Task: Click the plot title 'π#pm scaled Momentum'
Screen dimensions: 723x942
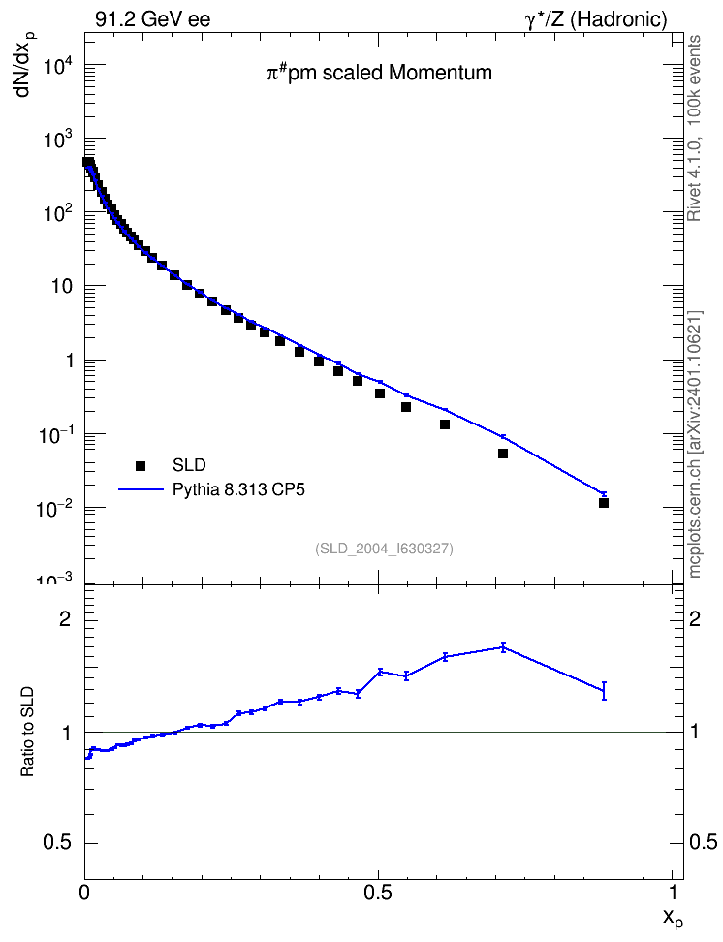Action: [x=379, y=73]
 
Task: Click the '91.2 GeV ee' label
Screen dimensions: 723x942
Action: [x=153, y=19]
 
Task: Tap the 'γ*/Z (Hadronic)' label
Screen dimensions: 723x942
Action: [x=596, y=19]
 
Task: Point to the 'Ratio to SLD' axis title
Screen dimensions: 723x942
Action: [x=27, y=731]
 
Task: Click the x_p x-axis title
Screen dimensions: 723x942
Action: [x=673, y=918]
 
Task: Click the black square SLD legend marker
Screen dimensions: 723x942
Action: [x=141, y=465]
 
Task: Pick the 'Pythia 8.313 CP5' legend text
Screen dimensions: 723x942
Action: [x=238, y=489]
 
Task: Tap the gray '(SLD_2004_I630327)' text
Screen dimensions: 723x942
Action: [x=384, y=549]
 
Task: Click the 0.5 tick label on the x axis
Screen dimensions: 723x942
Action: [x=378, y=893]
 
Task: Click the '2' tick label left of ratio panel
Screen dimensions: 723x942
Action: [x=65, y=619]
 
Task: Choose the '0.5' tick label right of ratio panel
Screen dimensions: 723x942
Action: [x=704, y=842]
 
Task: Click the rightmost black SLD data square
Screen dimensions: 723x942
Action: [x=604, y=503]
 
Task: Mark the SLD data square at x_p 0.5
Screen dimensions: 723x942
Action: [x=379, y=393]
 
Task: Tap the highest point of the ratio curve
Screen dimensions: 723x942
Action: [x=503, y=647]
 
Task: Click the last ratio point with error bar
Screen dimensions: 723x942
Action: [x=604, y=691]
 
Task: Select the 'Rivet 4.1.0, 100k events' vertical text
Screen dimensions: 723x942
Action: [x=694, y=128]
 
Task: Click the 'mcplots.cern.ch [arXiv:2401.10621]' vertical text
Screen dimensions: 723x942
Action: [x=695, y=445]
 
